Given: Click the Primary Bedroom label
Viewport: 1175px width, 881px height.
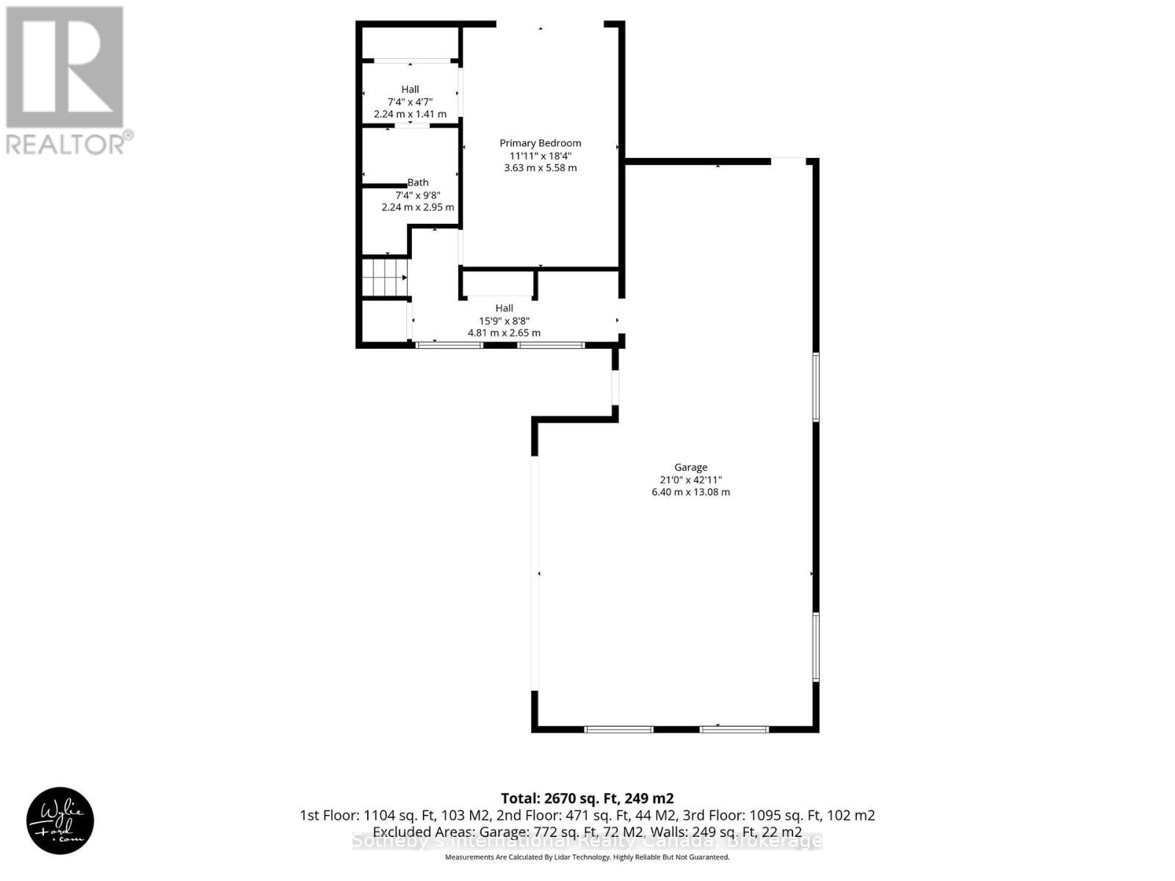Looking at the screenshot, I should (540, 143).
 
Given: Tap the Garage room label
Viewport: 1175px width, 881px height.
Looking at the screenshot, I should (690, 467).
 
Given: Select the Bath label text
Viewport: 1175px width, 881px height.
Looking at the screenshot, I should (418, 182).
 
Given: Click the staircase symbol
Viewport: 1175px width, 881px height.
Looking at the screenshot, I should (384, 277).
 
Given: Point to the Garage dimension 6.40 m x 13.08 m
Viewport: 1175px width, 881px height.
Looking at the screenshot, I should (690, 492).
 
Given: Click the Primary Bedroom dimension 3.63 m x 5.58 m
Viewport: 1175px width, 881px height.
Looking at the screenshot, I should (540, 167).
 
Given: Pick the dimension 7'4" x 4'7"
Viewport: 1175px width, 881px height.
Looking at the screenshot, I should (410, 102).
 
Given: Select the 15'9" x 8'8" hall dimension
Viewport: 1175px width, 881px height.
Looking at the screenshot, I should (504, 320).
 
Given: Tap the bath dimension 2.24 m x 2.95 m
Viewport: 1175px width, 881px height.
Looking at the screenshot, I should (418, 207).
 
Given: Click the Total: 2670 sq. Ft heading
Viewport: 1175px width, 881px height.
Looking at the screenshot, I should (587, 798).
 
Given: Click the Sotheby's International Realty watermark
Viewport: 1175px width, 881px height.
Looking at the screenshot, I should (587, 841).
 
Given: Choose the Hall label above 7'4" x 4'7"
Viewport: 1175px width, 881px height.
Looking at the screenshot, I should (410, 90).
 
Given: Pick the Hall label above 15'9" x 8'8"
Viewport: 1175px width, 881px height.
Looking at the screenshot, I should (504, 308).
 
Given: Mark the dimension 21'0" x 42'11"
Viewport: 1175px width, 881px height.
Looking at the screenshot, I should (690, 479).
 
